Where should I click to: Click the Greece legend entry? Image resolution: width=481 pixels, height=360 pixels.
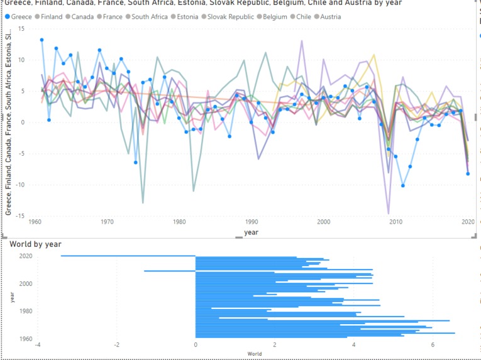point(18,17)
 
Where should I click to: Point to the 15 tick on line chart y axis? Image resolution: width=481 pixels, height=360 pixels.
point(22,29)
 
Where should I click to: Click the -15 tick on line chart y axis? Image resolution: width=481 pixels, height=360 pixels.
point(21,215)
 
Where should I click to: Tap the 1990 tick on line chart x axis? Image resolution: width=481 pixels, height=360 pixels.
point(252,222)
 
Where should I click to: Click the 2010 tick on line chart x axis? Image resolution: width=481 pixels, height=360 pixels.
point(395,222)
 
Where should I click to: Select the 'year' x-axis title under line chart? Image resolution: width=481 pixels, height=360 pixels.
point(252,232)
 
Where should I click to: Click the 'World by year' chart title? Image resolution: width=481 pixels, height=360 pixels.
point(35,244)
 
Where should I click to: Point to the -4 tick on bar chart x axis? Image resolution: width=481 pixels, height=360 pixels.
point(38,345)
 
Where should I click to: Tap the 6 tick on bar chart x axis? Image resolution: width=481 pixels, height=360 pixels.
point(433,345)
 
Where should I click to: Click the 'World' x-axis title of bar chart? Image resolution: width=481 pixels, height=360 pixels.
point(255,354)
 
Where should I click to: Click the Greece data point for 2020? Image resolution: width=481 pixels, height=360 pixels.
point(468,174)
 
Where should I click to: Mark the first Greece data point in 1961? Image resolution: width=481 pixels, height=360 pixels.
point(41,40)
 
